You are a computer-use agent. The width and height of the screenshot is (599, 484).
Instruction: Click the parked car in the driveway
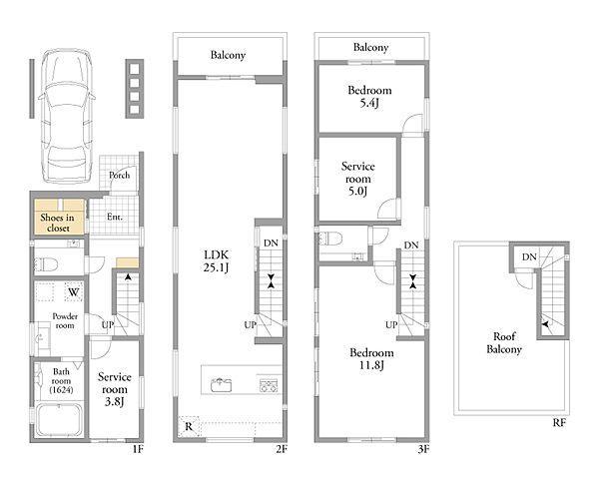tap(67, 116)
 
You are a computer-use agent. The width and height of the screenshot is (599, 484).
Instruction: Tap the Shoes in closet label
tap(58, 223)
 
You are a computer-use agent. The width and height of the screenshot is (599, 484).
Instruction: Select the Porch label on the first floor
tap(119, 176)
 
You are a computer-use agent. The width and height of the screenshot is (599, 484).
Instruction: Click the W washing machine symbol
tap(74, 292)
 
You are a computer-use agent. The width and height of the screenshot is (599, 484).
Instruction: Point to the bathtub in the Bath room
tap(59, 420)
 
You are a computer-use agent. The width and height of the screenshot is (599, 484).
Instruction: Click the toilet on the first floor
tap(46, 264)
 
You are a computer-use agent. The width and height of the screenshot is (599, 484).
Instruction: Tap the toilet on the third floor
tap(330, 239)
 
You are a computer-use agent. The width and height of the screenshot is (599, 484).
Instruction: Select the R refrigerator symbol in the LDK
tap(189, 426)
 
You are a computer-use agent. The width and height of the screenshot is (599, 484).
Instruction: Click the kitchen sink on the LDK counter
tap(222, 384)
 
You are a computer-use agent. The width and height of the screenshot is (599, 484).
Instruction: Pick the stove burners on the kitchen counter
tap(269, 385)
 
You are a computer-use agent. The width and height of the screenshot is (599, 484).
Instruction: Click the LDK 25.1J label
tap(217, 260)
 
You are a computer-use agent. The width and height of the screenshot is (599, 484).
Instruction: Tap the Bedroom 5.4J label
tap(369, 96)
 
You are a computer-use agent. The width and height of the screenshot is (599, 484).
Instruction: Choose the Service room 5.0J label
tap(358, 179)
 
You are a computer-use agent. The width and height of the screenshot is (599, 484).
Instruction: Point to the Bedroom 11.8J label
tap(371, 358)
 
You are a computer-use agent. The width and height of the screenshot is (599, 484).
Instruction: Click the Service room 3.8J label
tap(115, 389)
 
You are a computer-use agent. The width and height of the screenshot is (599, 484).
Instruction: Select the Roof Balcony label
tap(504, 342)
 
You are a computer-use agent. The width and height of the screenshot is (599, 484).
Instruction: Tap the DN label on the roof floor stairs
tap(529, 257)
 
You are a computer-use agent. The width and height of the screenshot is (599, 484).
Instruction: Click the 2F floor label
tap(282, 449)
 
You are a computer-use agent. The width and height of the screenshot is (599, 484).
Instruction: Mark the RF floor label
tap(559, 423)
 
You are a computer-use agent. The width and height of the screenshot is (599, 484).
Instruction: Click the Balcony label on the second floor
tap(228, 55)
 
